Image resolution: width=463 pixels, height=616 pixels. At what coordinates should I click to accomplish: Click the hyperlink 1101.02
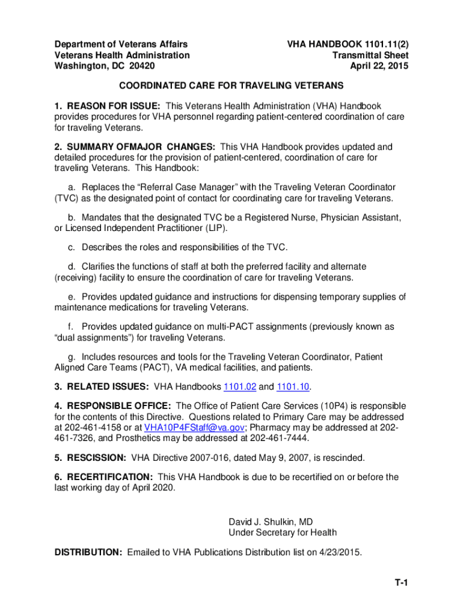click(x=239, y=386)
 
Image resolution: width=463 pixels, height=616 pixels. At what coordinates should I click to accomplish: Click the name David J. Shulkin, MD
click(x=270, y=522)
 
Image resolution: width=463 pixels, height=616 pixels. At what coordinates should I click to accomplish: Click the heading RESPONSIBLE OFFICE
click(x=118, y=407)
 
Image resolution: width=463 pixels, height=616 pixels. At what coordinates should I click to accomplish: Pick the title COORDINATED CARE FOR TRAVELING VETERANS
click(x=231, y=86)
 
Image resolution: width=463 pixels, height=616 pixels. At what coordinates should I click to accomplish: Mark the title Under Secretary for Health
click(x=282, y=532)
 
